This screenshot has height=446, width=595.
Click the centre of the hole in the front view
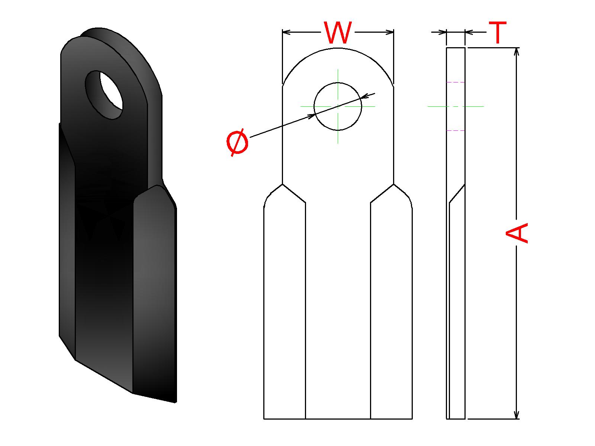[338, 106]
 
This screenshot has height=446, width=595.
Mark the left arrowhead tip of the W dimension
[283, 32]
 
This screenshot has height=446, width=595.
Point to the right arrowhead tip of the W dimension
[393, 32]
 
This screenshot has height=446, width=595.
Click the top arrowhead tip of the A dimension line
[517, 48]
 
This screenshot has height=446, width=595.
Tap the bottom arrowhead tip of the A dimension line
[517, 419]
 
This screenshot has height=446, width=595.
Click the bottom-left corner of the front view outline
[264, 419]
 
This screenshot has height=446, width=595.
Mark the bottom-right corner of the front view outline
[412, 419]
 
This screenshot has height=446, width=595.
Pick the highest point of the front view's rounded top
[338, 48]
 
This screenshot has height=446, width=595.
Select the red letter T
[498, 32]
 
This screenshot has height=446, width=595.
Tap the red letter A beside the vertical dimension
[517, 233]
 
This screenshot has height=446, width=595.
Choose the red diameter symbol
[237, 142]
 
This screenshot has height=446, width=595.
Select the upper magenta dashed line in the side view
[456, 82]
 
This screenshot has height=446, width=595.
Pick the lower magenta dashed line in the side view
[456, 130]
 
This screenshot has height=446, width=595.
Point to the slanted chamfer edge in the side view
[457, 194]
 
